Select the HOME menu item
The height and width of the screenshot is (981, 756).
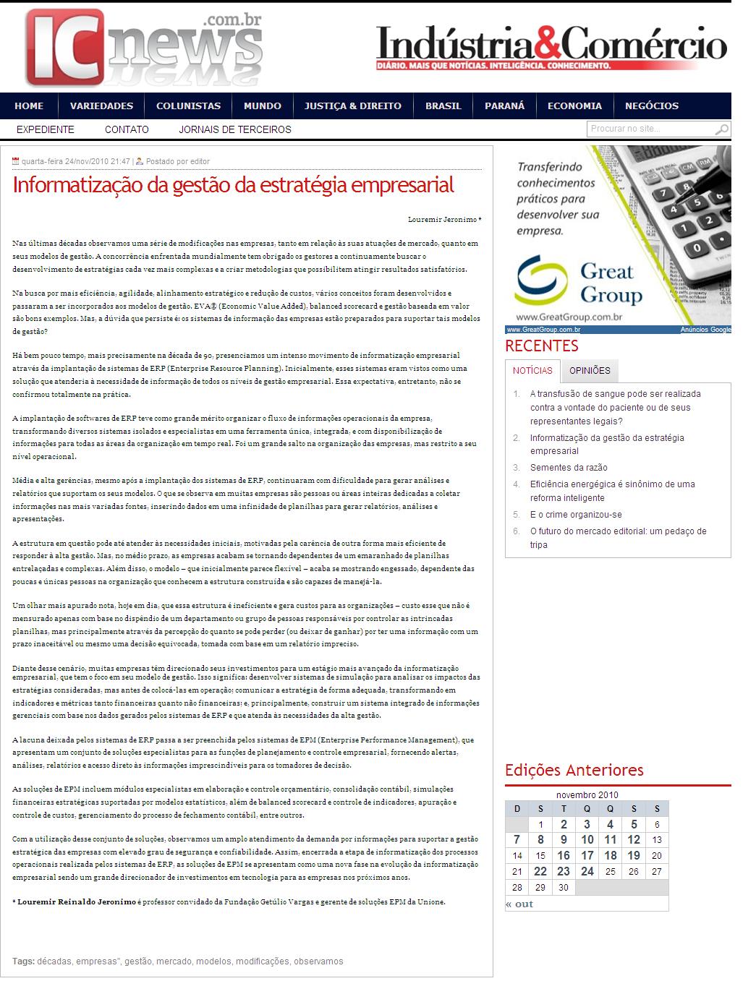[29, 106]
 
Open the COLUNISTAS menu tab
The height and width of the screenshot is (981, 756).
[188, 106]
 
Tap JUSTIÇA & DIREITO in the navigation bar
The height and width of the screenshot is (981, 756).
[353, 106]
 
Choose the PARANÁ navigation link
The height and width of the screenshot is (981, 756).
[504, 106]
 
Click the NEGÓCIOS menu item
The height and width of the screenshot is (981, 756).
[652, 106]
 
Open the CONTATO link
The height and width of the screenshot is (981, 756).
[127, 129]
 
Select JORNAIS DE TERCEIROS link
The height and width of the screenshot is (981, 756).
[235, 129]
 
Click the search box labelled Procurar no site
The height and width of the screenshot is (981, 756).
[649, 129]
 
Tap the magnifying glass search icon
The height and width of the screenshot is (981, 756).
[722, 130]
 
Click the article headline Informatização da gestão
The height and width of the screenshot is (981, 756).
[233, 185]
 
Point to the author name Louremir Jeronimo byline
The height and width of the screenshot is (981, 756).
[444, 219]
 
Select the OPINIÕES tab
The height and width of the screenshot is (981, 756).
[590, 371]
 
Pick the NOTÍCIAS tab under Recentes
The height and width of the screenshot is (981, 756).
[532, 371]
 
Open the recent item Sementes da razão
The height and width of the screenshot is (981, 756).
[569, 468]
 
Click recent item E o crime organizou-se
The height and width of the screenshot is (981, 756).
[576, 515]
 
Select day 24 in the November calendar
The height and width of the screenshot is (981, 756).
[587, 871]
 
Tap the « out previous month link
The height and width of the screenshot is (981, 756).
[519, 904]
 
